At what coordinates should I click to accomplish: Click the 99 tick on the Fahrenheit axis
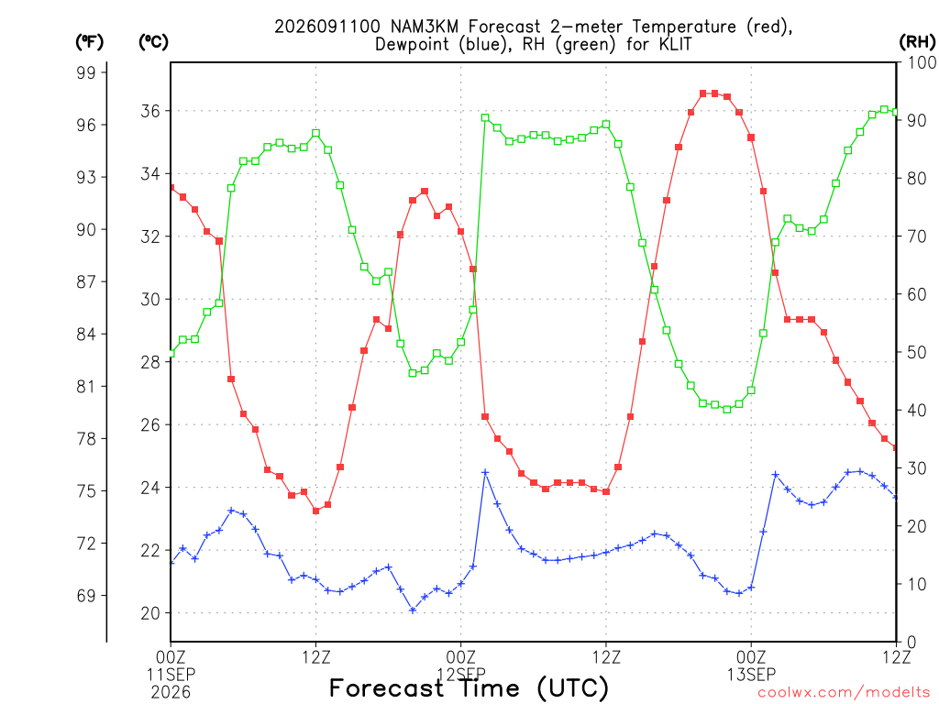(86, 72)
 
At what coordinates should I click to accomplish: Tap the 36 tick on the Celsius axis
(150, 111)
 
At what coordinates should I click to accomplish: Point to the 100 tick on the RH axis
(922, 62)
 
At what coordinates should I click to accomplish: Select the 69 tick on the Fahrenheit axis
(86, 596)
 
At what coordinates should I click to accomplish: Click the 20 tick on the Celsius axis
(150, 613)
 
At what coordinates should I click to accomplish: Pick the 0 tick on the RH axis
(911, 643)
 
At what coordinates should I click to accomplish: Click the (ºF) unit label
(89, 42)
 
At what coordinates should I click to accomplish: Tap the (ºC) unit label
(153, 42)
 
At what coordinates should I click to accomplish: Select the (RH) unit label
(917, 42)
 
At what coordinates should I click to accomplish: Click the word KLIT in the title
(676, 45)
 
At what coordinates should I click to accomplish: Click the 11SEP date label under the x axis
(171, 675)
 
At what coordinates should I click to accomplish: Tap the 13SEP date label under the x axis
(752, 675)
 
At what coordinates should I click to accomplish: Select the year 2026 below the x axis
(171, 693)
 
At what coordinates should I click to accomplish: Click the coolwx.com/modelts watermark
(844, 693)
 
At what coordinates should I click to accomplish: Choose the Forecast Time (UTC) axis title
(469, 688)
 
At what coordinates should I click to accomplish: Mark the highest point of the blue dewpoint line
(486, 472)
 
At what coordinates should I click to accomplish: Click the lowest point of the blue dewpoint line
(413, 610)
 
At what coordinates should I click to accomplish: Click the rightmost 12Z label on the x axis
(896, 656)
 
